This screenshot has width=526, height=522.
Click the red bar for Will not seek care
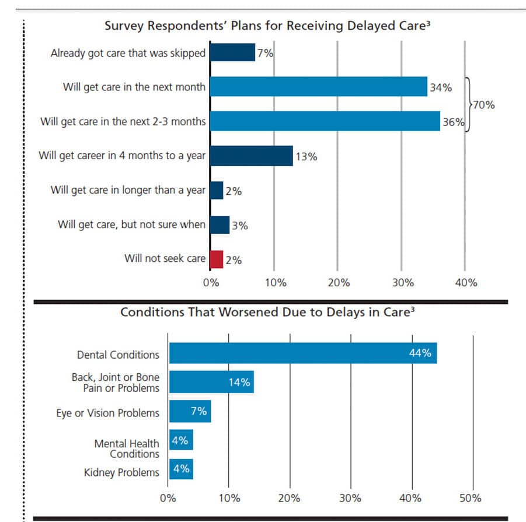(217, 258)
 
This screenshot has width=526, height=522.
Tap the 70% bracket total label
(484, 106)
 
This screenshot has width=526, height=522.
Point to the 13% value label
(306, 156)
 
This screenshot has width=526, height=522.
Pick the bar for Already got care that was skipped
(232, 53)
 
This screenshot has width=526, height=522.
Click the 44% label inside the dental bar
(420, 353)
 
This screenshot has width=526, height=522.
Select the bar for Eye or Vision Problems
(190, 412)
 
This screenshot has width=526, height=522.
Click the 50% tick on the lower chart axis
(471, 498)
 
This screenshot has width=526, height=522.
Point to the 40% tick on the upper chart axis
(465, 283)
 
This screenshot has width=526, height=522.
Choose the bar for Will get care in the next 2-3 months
(325, 121)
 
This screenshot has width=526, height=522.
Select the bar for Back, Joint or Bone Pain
(211, 382)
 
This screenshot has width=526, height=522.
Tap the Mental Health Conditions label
(119, 449)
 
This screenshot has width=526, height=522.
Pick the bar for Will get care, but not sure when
(220, 225)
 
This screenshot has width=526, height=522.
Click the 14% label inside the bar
(239, 383)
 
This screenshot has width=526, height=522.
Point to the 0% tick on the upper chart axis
(211, 283)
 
